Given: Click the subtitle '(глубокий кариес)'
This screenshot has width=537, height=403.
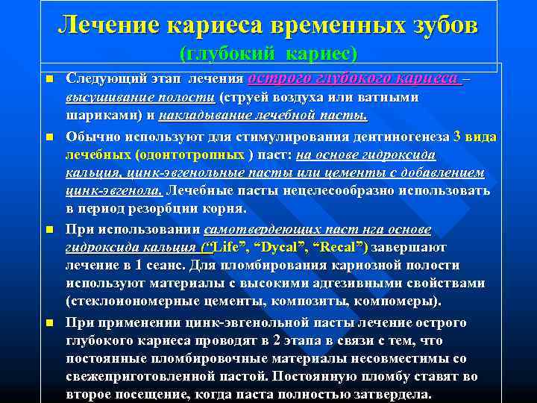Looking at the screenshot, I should click(268, 54).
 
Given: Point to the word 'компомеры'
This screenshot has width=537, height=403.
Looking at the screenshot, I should click(403, 302).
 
